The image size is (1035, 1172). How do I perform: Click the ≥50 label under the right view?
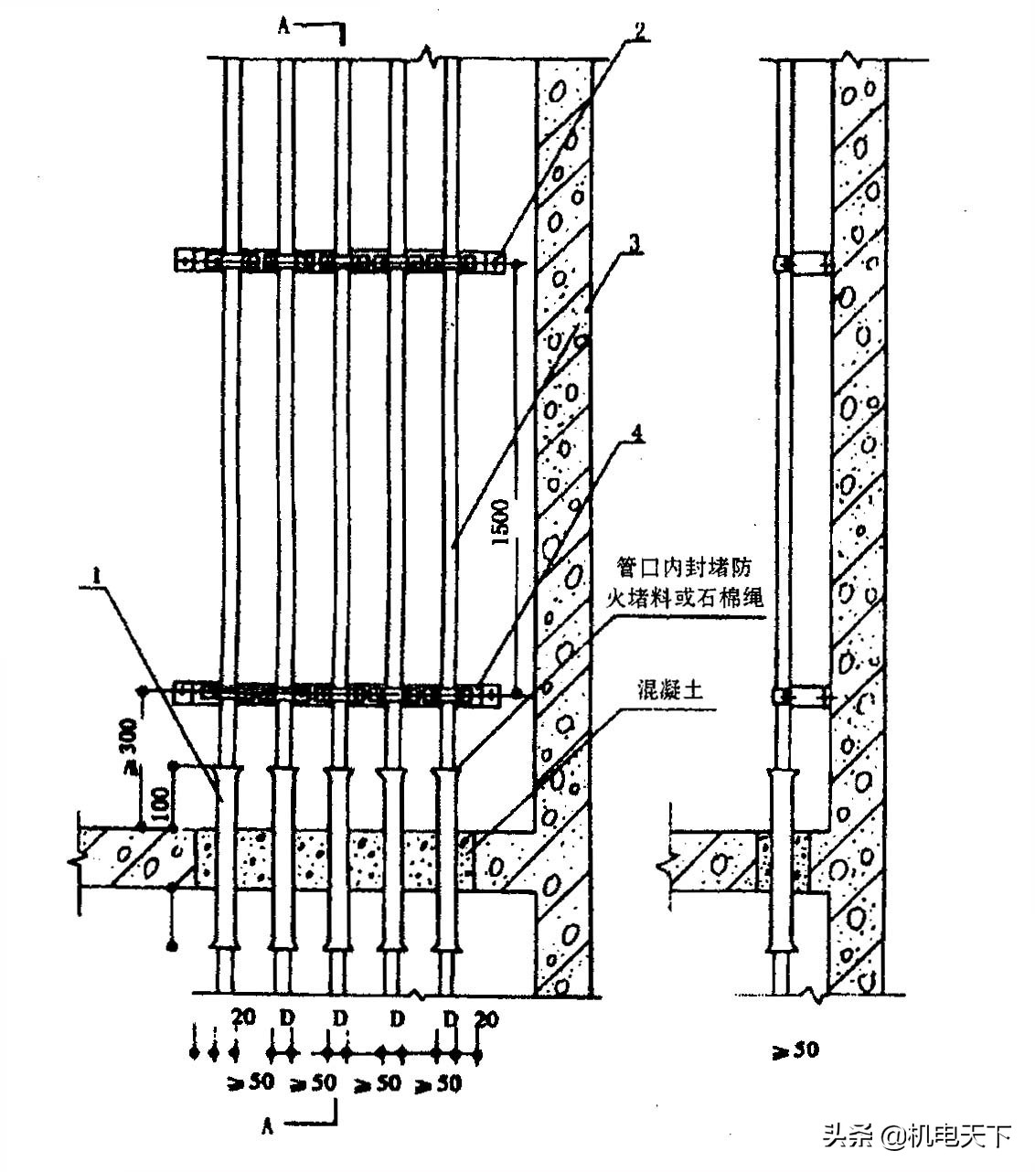795,1050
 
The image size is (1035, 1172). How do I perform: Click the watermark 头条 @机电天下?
917,1136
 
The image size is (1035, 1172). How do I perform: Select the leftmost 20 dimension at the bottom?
242,1017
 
